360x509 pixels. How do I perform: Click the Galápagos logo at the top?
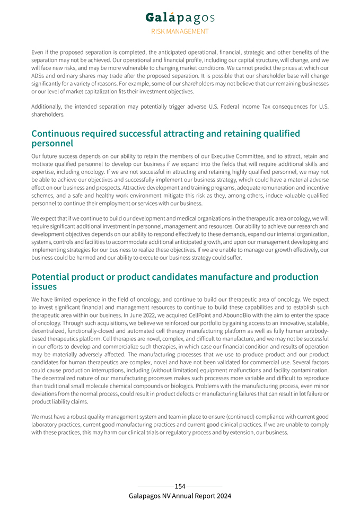point(180,18)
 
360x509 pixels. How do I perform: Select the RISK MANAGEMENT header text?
point(180,31)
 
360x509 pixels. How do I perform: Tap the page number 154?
point(180,486)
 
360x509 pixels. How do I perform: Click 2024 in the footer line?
point(223,496)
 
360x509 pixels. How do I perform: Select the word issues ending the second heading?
point(44,287)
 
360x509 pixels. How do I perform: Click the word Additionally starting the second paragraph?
point(49,106)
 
